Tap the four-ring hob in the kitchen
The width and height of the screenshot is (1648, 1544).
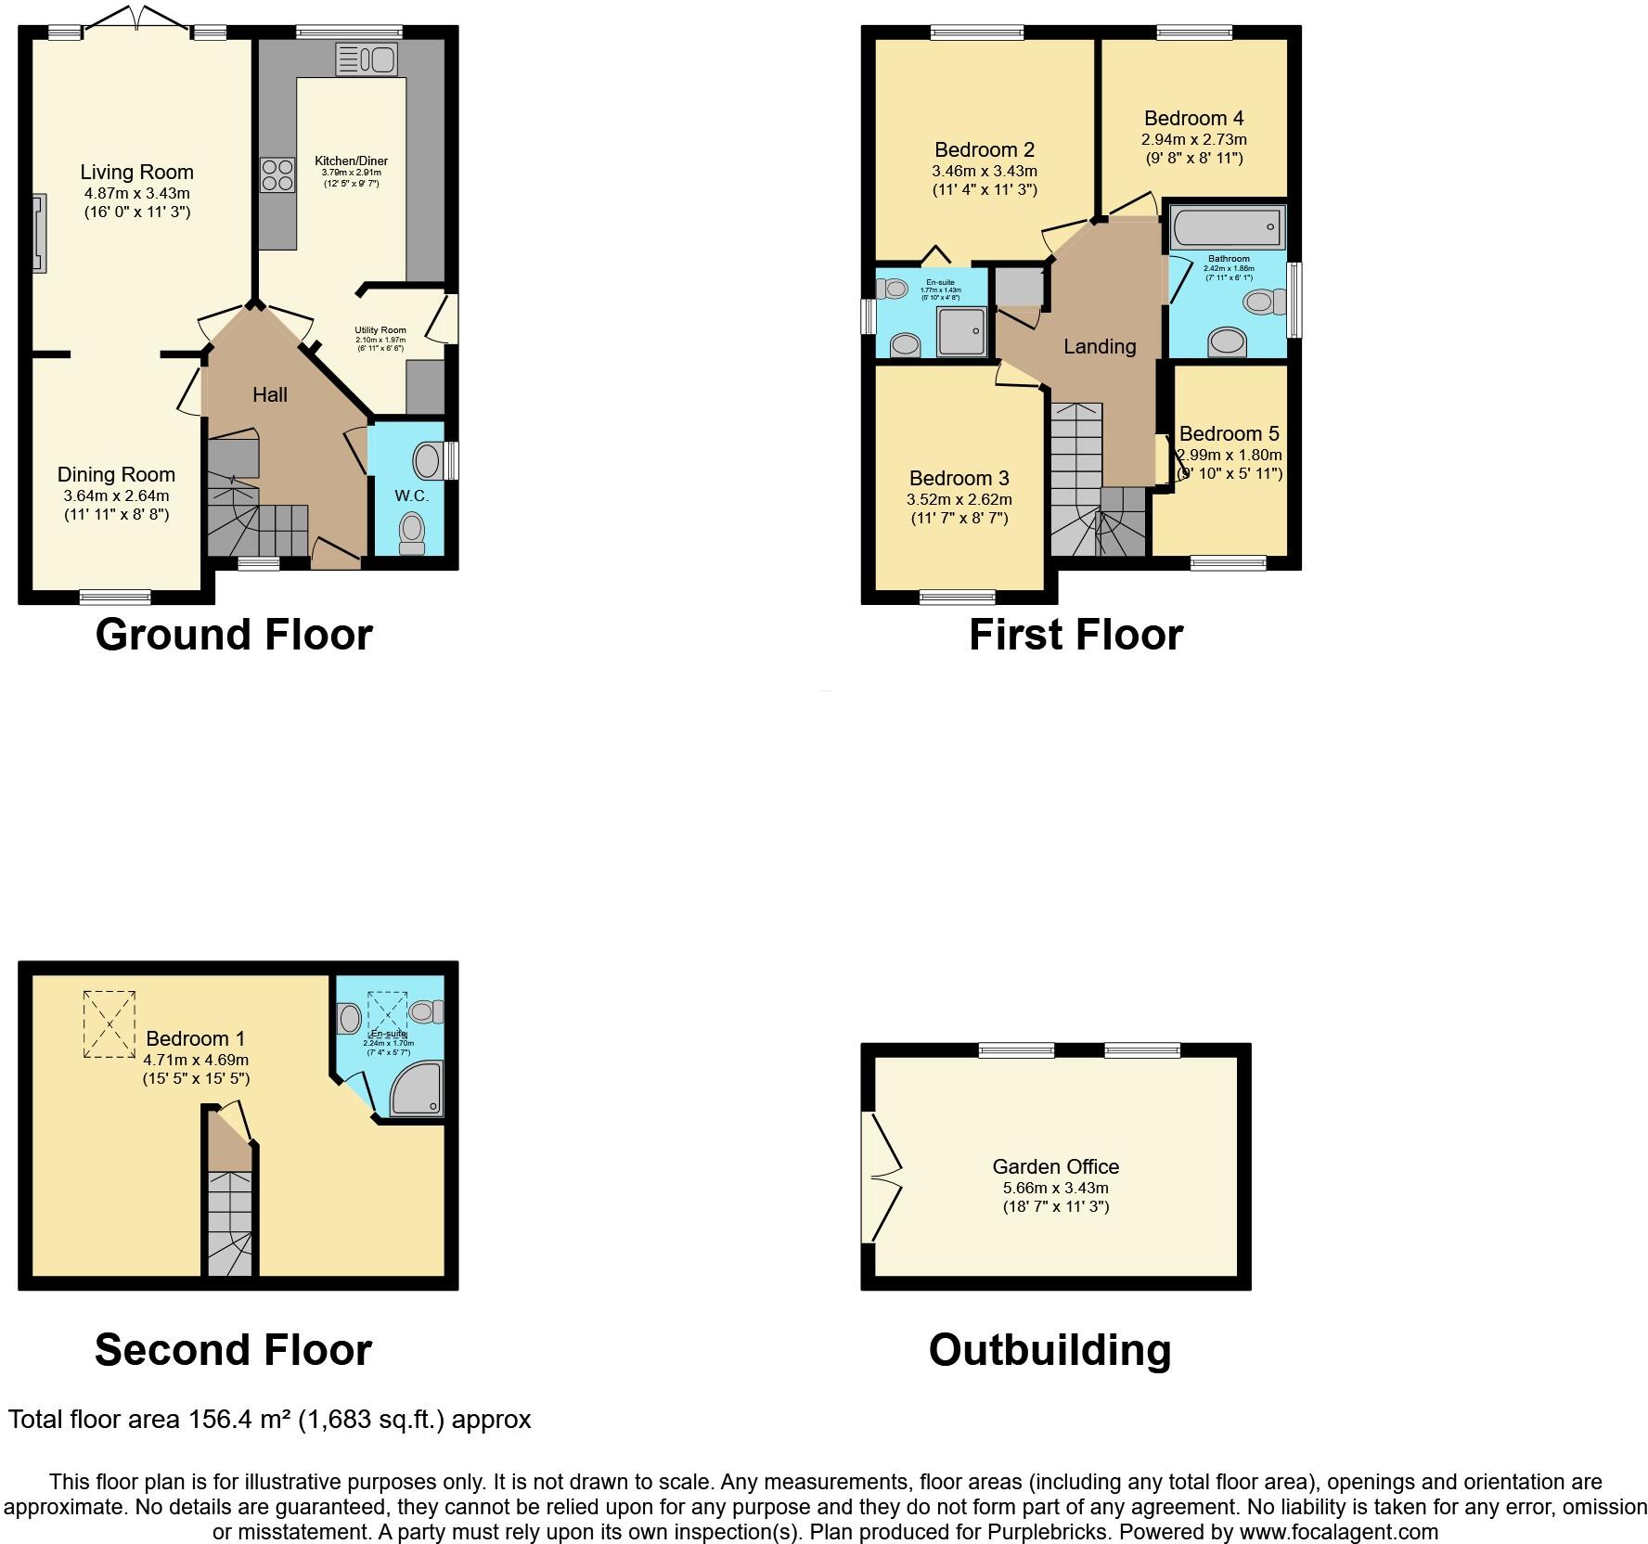(277, 174)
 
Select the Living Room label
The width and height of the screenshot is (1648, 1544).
(136, 172)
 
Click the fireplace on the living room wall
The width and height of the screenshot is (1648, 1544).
(39, 232)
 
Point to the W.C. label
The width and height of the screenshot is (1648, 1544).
(411, 495)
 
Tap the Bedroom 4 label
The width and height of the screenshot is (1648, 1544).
(1193, 118)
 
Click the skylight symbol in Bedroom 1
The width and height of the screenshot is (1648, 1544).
(109, 1023)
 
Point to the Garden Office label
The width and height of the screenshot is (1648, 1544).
(1055, 1166)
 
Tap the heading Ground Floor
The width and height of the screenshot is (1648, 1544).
(234, 635)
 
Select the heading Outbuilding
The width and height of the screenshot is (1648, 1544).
(1049, 1349)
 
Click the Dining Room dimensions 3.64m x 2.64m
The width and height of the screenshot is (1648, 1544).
(116, 495)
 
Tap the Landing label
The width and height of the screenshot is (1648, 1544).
(1100, 346)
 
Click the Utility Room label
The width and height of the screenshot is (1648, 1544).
(380, 330)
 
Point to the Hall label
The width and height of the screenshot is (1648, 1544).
(270, 394)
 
